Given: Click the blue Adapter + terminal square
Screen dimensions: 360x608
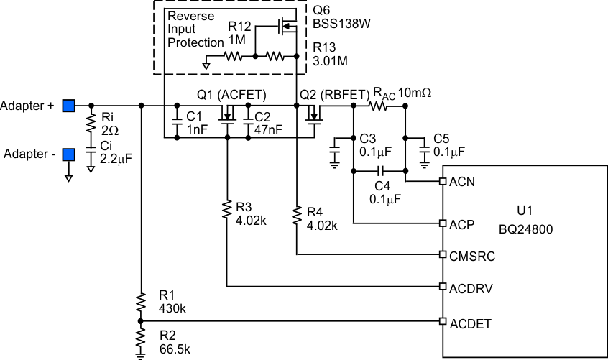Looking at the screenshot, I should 68,106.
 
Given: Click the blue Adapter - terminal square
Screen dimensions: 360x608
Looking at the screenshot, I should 68,154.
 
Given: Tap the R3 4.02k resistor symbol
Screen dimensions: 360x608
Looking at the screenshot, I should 226,209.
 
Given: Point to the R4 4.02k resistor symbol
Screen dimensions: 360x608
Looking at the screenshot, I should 297,213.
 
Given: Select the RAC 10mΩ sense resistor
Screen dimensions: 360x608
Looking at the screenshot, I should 379,106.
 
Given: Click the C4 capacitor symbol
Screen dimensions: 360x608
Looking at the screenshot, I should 380,171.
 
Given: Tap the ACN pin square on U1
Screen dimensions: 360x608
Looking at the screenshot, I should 443,182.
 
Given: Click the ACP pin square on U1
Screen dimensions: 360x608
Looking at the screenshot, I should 443,223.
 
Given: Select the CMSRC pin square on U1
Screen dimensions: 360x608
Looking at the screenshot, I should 443,254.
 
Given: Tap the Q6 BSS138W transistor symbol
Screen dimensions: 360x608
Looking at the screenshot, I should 287,29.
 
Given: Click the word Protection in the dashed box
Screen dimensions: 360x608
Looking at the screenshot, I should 195,42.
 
